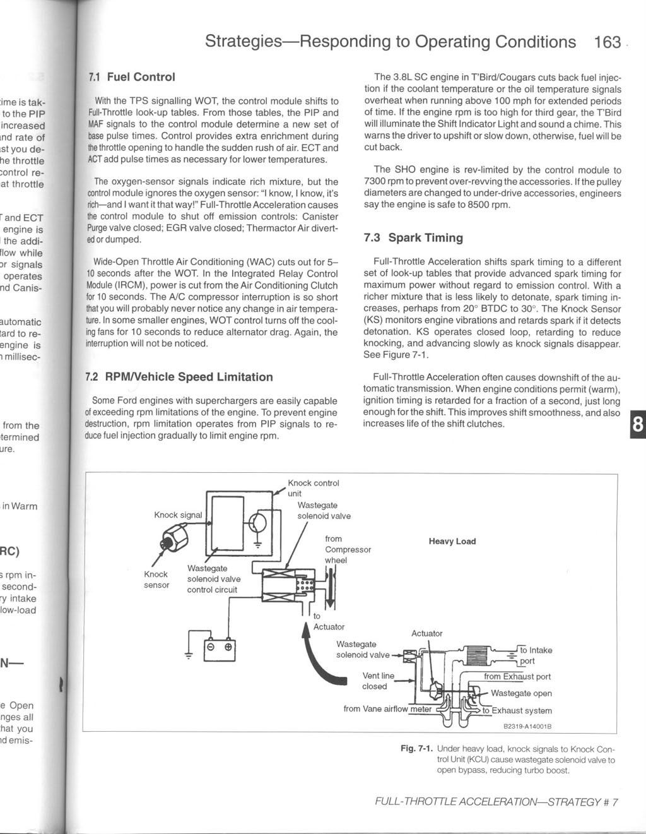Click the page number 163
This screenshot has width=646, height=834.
click(x=608, y=42)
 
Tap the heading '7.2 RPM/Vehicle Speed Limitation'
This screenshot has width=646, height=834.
click(x=179, y=377)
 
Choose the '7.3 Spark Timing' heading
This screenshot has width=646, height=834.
click(x=413, y=238)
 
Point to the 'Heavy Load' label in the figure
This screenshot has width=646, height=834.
click(x=452, y=541)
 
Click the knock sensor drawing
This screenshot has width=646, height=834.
click(x=172, y=539)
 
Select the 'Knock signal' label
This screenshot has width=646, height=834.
click(x=178, y=515)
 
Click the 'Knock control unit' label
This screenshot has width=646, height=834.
click(x=313, y=488)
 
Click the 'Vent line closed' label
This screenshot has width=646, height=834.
click(x=377, y=681)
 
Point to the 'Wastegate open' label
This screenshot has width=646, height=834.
click(x=520, y=693)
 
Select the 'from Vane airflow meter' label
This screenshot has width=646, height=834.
click(x=387, y=709)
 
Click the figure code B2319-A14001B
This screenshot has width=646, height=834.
click(x=527, y=726)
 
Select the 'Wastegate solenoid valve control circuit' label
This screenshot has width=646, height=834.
click(x=213, y=579)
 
